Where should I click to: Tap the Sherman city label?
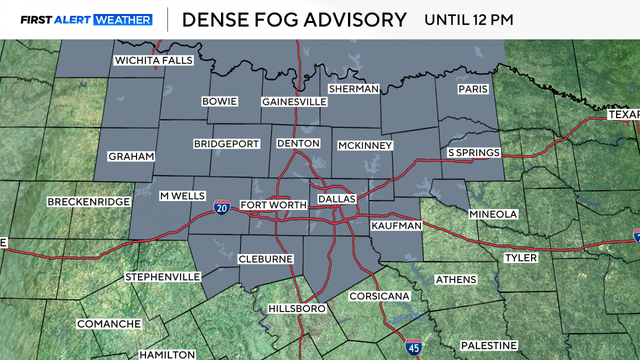click(x=352, y=88)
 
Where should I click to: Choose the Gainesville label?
click(x=294, y=102)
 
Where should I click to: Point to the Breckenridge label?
click(x=89, y=202)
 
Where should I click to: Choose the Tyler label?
click(x=520, y=258)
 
